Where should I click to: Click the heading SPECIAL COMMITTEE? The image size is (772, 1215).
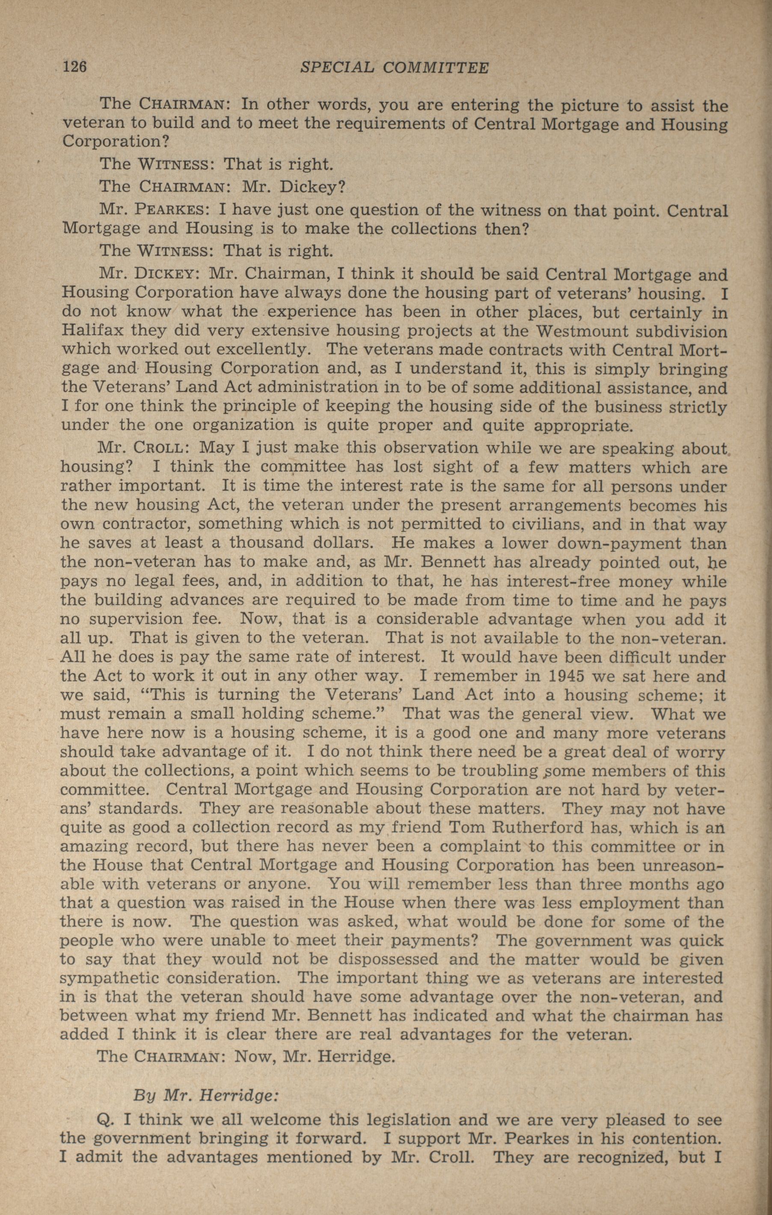[x=394, y=68]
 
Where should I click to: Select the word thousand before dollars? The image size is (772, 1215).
[x=266, y=543]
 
